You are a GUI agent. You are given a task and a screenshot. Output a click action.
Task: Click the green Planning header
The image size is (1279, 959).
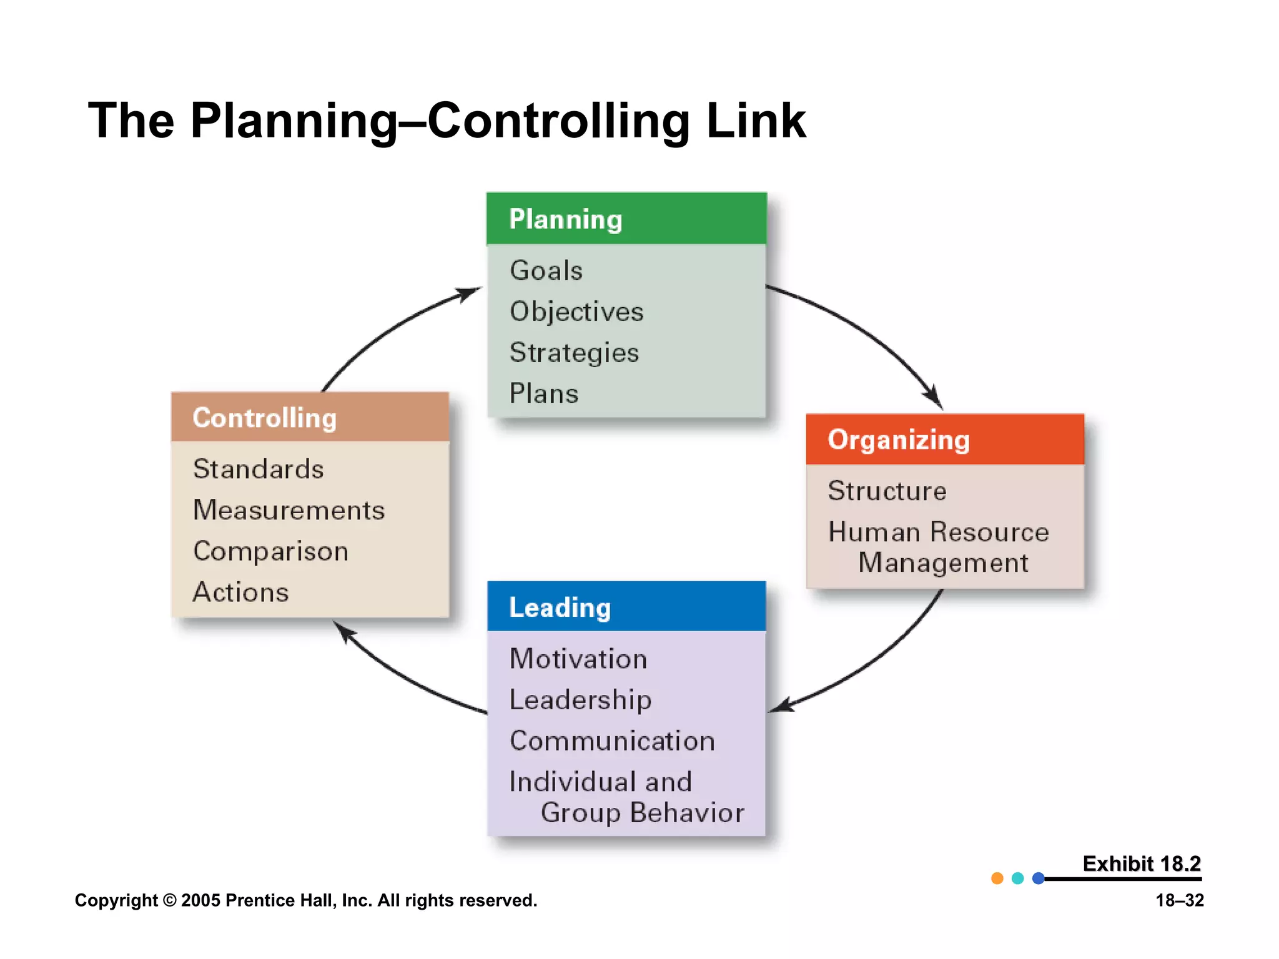tap(626, 219)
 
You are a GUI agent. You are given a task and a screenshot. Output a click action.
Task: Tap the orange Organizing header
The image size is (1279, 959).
tap(944, 440)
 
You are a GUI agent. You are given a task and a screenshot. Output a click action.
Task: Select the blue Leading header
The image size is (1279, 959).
tap(626, 607)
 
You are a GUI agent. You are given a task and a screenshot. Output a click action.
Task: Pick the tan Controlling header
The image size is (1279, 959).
tap(310, 418)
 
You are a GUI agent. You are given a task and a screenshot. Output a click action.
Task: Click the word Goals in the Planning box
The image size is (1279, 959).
tap(546, 270)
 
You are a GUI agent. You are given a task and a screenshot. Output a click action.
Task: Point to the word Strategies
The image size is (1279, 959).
tap(574, 353)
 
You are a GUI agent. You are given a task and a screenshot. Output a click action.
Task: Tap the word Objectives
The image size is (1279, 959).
tap(576, 312)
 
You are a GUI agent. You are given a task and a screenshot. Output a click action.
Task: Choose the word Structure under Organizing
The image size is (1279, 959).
tap(887, 491)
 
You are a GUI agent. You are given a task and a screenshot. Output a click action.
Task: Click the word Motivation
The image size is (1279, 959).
tap(578, 659)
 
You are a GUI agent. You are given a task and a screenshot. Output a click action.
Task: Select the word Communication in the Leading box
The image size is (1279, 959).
tap(612, 741)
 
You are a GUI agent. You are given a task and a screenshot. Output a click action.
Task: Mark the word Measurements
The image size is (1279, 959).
tap(289, 510)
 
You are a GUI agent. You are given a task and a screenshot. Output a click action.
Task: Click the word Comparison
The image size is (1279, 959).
tap(270, 551)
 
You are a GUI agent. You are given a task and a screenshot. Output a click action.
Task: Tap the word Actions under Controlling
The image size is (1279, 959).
tap(241, 592)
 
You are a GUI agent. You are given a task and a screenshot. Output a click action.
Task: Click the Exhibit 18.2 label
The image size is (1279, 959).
tap(1141, 863)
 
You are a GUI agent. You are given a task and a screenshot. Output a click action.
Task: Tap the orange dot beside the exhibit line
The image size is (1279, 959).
tap(997, 878)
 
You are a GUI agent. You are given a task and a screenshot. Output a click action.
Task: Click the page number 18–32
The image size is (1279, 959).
tap(1179, 900)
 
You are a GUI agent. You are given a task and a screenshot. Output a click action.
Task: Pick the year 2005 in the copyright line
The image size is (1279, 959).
tap(200, 900)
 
